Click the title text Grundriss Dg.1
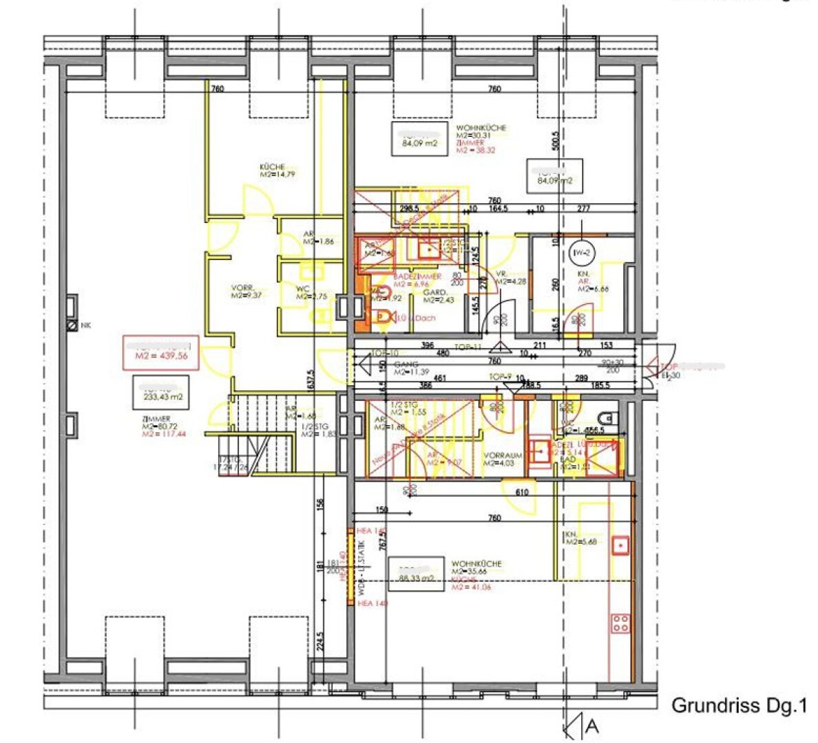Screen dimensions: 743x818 click(x=738, y=706)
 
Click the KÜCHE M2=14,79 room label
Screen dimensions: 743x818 click(x=273, y=170)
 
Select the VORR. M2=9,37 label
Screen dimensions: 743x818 click(x=244, y=291)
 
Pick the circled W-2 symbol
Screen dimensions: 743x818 click(x=581, y=253)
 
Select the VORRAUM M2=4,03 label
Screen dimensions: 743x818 click(x=503, y=459)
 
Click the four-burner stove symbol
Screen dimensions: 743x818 click(x=620, y=623)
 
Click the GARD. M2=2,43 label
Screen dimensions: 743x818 click(x=438, y=296)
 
